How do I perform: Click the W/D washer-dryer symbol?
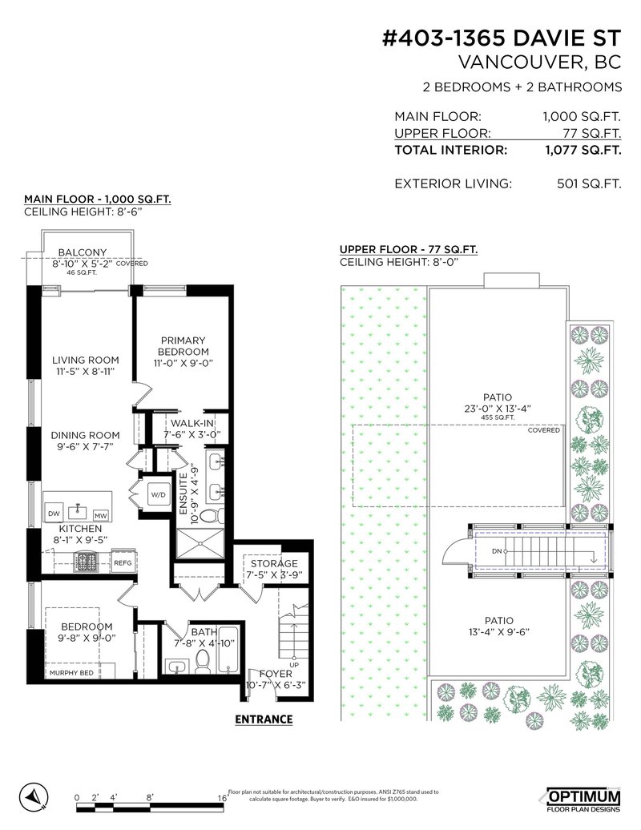[159, 495]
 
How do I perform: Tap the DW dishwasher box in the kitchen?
[54, 513]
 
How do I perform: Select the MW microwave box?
[100, 515]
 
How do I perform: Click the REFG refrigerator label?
[123, 562]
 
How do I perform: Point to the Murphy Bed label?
[71, 673]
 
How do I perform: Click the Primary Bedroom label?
[183, 345]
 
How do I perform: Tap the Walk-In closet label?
[192, 423]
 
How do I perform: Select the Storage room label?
[274, 563]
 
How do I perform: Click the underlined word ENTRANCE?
[264, 719]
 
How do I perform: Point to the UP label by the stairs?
[294, 665]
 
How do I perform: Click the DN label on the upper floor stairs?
[497, 551]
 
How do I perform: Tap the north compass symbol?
[34, 796]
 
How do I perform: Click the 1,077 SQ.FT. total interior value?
[583, 150]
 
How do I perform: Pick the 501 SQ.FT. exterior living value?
[589, 183]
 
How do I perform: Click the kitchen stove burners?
[85, 561]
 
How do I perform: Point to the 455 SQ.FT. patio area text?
[498, 417]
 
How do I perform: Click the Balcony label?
[83, 252]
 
